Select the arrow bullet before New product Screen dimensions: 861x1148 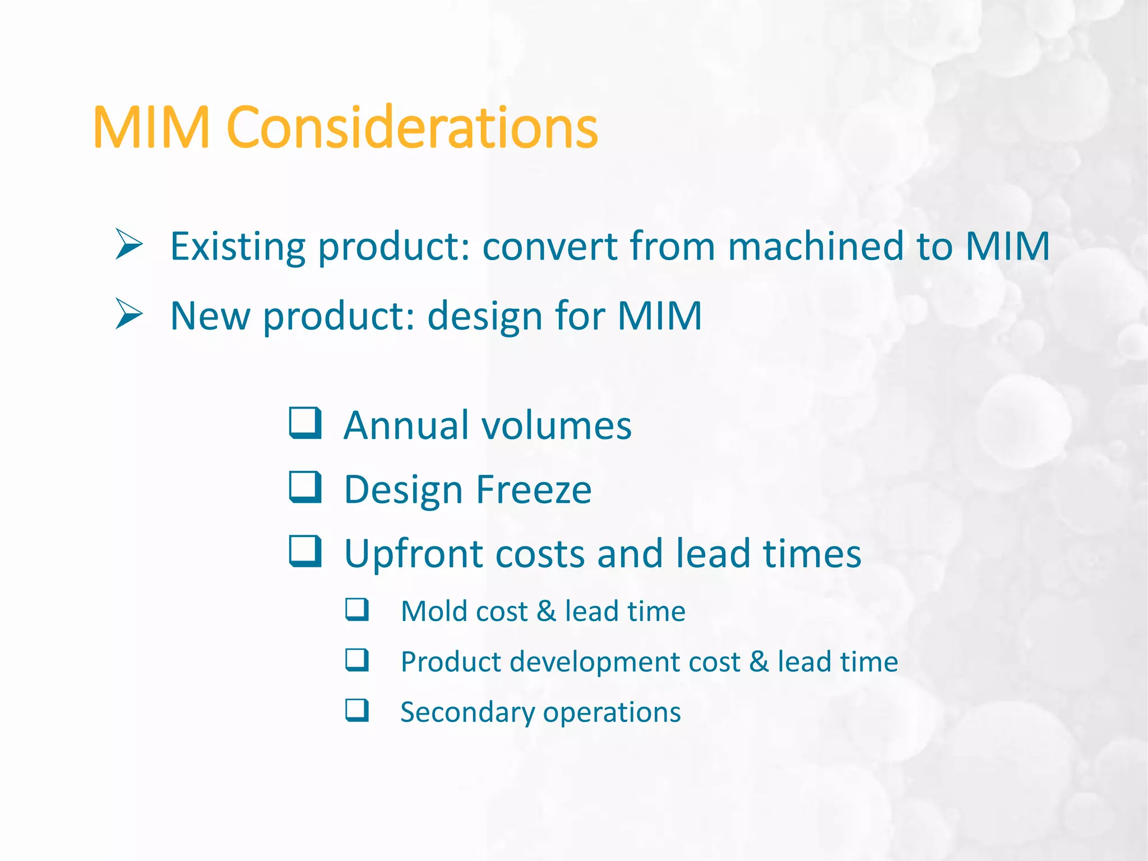[x=129, y=314]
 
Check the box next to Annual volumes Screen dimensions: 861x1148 [x=305, y=423]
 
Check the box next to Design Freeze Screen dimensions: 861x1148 [x=305, y=487]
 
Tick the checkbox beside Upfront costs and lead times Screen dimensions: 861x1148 [x=305, y=552]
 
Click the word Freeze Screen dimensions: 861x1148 [x=534, y=489]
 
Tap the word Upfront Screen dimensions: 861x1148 [x=413, y=554]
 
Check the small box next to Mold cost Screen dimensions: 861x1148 [x=357, y=609]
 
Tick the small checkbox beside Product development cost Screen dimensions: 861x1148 [x=357, y=660]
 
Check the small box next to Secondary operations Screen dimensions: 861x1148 [x=357, y=710]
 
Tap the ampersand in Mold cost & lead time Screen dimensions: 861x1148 [x=546, y=611]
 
